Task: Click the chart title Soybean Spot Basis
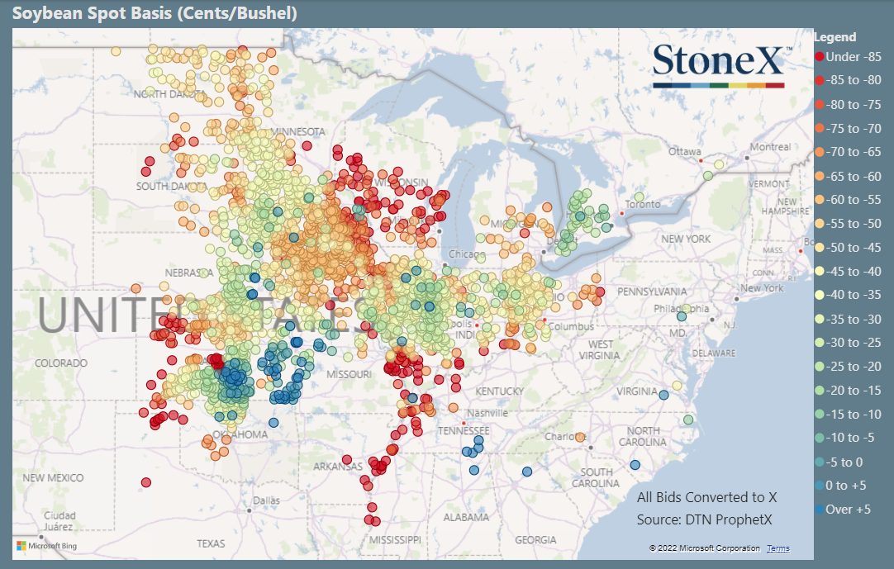pos(155,13)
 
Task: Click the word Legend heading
pos(835,37)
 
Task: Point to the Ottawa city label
pos(684,152)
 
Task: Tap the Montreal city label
pos(769,147)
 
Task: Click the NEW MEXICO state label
pos(53,478)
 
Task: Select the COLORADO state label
pos(60,363)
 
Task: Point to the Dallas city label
pos(267,500)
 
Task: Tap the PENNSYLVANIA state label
pos(654,292)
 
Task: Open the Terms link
pos(777,548)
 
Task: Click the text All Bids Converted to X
pos(706,497)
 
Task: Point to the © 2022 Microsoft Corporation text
pos(704,548)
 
